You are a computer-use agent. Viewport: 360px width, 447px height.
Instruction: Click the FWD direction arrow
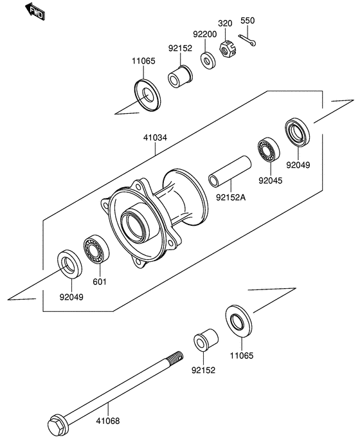click(35, 12)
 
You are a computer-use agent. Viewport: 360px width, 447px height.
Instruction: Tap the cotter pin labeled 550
click(247, 40)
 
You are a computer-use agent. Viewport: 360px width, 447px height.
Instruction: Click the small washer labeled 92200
click(208, 60)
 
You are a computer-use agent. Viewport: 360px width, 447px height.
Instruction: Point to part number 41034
click(155, 138)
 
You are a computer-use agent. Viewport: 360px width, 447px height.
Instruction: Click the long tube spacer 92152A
click(230, 171)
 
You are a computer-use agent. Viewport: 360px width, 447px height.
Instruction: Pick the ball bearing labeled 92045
click(269, 150)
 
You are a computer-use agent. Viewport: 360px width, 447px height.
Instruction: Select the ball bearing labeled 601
click(96, 249)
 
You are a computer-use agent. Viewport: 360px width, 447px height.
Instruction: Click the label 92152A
click(231, 197)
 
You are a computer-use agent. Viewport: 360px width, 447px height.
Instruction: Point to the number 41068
click(108, 421)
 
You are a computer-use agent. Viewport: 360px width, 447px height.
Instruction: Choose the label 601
click(100, 282)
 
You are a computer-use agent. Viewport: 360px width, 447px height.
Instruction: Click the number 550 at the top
click(248, 21)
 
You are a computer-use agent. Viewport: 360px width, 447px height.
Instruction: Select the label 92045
click(271, 181)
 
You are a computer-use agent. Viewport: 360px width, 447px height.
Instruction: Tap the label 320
click(225, 23)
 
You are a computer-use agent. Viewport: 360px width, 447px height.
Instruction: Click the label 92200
click(205, 34)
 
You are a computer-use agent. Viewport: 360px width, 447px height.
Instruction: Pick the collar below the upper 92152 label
click(180, 77)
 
